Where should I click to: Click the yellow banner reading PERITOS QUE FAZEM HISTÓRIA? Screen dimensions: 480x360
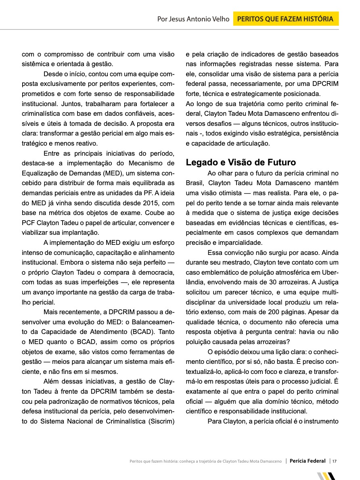[286, 19]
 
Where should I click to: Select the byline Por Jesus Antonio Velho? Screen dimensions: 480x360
[193, 19]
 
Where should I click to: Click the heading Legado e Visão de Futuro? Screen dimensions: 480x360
[241, 163]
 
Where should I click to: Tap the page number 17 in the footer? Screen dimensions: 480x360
[335, 461]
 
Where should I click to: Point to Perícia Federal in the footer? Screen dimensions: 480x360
[308, 461]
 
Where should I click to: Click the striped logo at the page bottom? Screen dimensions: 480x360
[327, 476]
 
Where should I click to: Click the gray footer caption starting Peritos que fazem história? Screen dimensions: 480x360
[205, 461]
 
